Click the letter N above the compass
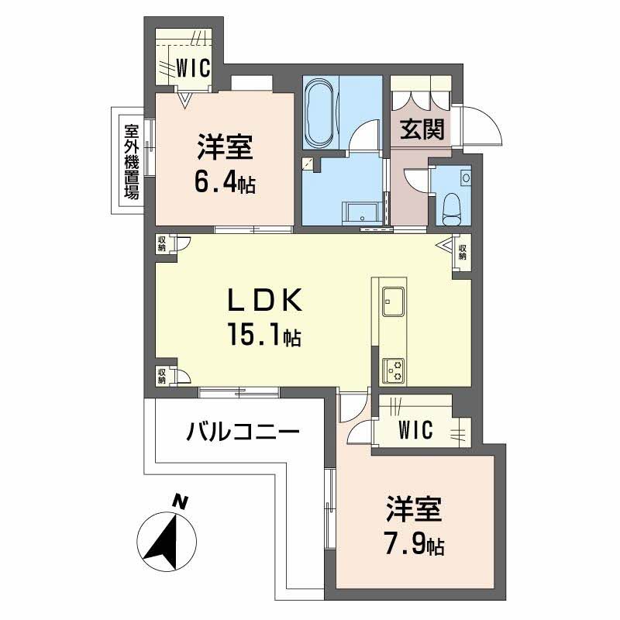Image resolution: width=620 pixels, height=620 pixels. pyautogui.click(x=180, y=501)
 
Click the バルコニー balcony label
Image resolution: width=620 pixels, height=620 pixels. pyautogui.click(x=242, y=431)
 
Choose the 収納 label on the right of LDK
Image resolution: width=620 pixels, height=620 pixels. pyautogui.click(x=463, y=252)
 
